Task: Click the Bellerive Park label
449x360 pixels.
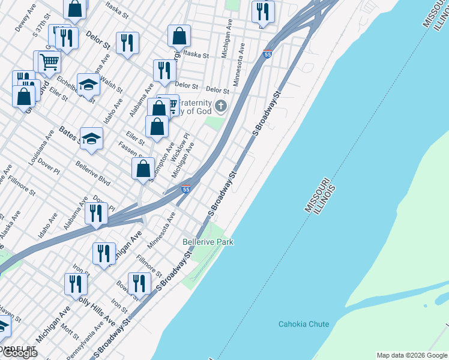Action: coord(208,242)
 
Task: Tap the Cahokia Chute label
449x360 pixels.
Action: coord(304,324)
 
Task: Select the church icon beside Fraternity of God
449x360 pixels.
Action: coord(221,107)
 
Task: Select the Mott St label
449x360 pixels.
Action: coord(70,331)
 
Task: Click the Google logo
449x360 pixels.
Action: coord(20,353)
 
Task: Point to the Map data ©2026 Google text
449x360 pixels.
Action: coord(411,355)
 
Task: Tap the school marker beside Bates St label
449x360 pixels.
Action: coord(92,139)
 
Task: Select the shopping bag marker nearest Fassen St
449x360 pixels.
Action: coord(143,168)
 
